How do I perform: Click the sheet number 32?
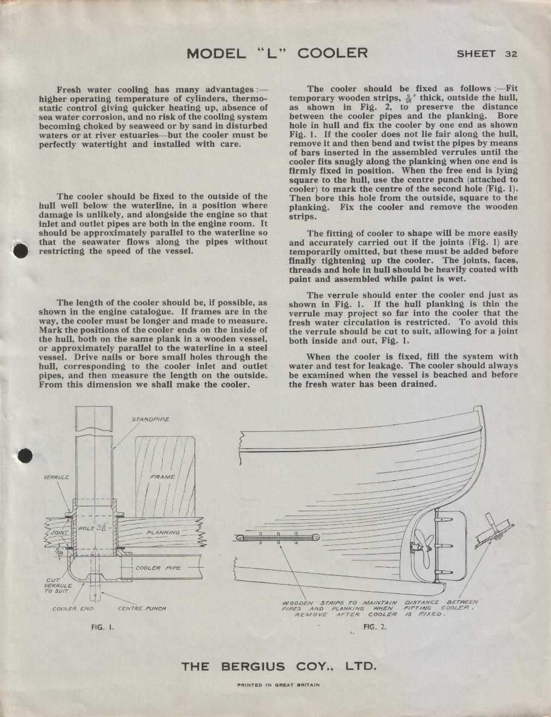(x=511, y=54)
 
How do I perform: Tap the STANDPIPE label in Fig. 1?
(x=150, y=419)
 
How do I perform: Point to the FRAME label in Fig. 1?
(x=162, y=477)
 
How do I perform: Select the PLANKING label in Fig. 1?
(x=163, y=532)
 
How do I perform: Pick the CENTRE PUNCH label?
(x=142, y=608)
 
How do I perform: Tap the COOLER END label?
(x=73, y=608)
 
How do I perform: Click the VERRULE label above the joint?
(x=56, y=477)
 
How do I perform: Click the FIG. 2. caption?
(x=374, y=627)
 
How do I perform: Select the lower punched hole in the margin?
(x=25, y=455)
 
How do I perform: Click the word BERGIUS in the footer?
(x=253, y=667)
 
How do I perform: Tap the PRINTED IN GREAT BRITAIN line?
(x=278, y=685)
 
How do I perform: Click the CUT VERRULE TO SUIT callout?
(x=57, y=586)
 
